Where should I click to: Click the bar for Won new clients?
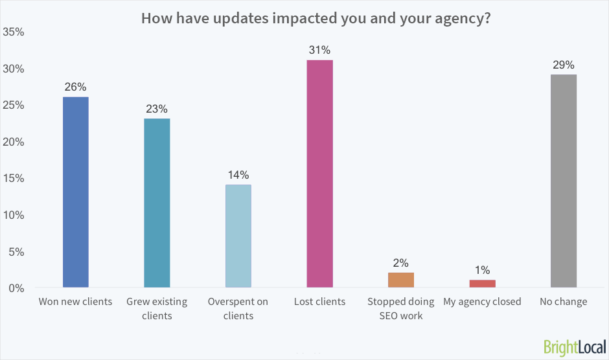pyautogui.click(x=75, y=192)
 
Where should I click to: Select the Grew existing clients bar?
pyautogui.click(x=157, y=203)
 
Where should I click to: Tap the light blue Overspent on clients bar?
pyautogui.click(x=238, y=236)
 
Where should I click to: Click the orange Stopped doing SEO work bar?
pyautogui.click(x=401, y=280)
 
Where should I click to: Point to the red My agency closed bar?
pyautogui.click(x=482, y=284)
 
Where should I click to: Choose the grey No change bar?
pyautogui.click(x=563, y=181)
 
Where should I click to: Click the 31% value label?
pyautogui.click(x=319, y=50)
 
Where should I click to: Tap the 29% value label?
pyautogui.click(x=563, y=65)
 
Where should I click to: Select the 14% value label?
pyautogui.click(x=238, y=175)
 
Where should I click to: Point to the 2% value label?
pyautogui.click(x=401, y=263)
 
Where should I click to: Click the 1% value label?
pyautogui.click(x=482, y=270)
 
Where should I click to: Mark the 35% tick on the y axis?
pyautogui.click(x=14, y=32)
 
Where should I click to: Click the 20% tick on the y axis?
pyautogui.click(x=14, y=142)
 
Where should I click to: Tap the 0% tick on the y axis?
pyautogui.click(x=16, y=287)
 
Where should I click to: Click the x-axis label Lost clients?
pyautogui.click(x=319, y=302)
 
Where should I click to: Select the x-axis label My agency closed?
pyautogui.click(x=482, y=302)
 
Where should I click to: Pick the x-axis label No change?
pyautogui.click(x=563, y=302)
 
